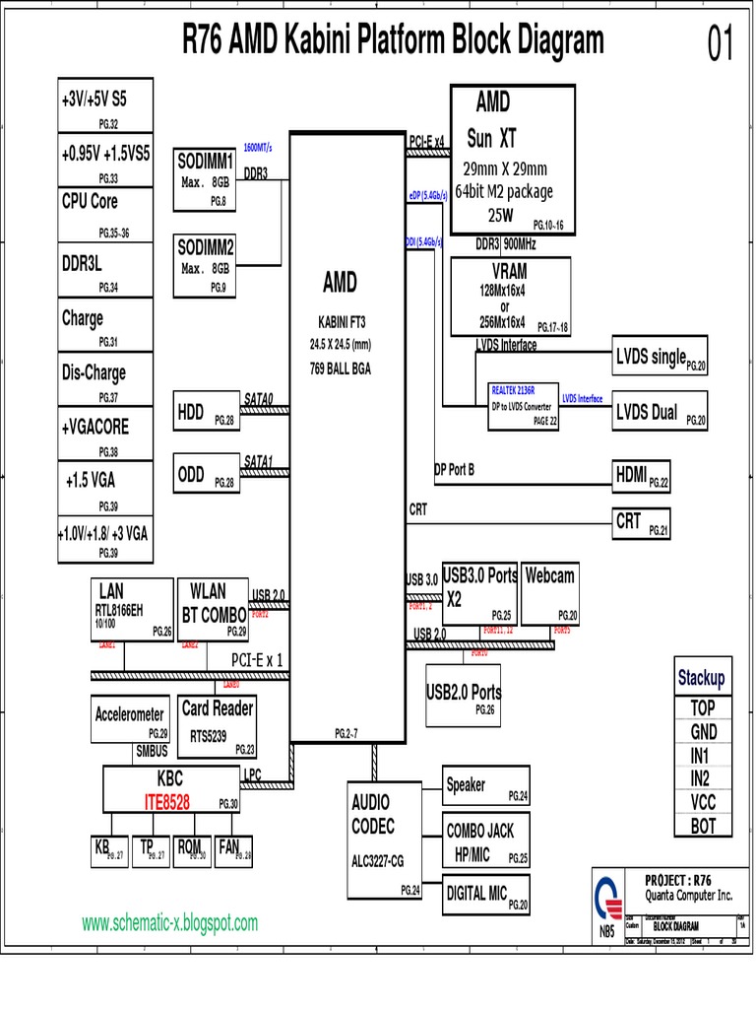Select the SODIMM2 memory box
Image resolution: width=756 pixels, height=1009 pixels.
206,263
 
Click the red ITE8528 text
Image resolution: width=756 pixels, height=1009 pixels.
167,803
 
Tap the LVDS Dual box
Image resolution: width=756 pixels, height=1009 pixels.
659,413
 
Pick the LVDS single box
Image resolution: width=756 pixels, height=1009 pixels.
659,358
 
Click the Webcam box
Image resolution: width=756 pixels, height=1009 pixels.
550,594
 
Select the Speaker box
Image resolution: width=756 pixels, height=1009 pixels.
486,786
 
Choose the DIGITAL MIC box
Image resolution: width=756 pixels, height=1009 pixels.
486,894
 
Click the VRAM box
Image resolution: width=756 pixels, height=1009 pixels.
509,297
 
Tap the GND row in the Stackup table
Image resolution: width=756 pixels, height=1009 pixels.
703,732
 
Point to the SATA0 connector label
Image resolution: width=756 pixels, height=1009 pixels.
259,398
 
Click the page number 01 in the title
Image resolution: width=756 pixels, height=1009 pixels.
721,44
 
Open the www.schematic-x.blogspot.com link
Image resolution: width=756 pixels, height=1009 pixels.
169,923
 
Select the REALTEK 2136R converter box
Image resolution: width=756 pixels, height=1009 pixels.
524,405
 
